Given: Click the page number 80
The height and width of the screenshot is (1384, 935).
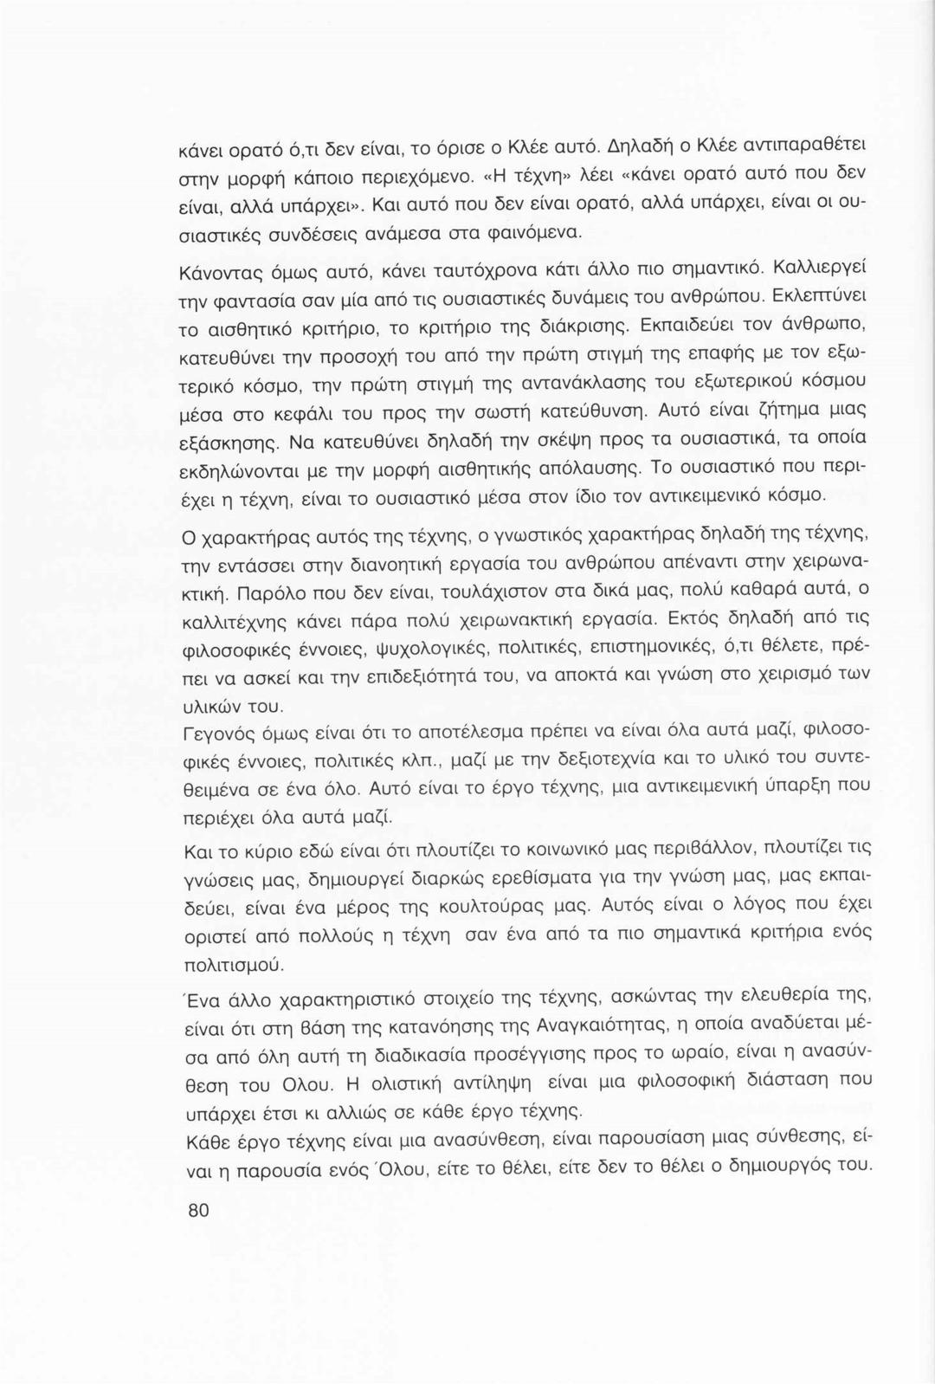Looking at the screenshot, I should pyautogui.click(x=198, y=1210).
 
